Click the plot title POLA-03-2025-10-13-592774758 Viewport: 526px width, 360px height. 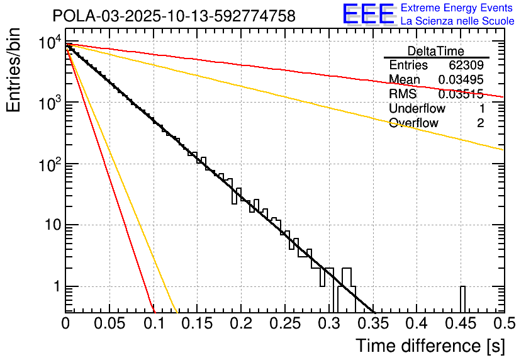(x=174, y=16)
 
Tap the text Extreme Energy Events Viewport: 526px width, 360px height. (x=457, y=9)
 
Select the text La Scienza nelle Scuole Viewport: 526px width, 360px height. (x=457, y=21)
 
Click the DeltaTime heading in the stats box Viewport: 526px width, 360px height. (x=436, y=51)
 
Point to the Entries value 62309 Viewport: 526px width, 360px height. (x=466, y=65)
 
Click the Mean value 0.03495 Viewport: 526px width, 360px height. (x=461, y=80)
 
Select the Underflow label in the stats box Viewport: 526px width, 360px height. (x=417, y=108)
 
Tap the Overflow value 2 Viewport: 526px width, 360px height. (x=480, y=123)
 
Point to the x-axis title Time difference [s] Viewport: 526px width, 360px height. (x=430, y=346)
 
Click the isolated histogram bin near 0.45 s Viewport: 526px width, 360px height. (x=462, y=299)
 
